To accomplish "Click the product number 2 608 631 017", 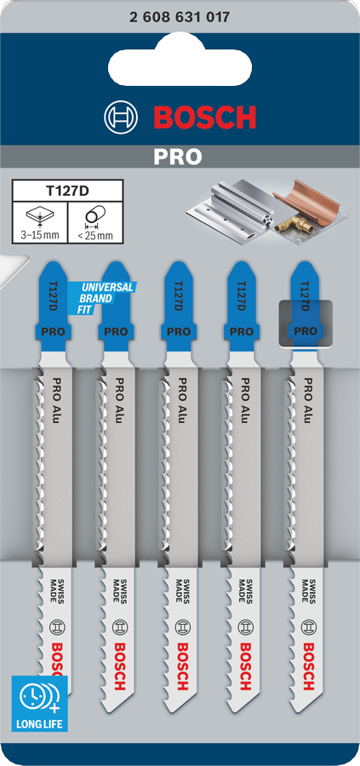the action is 180,18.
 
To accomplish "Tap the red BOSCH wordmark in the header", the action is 205,117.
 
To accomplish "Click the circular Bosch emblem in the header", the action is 122,117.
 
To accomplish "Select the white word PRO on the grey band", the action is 178,157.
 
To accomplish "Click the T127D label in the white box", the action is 67,191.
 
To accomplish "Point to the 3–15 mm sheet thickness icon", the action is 40,222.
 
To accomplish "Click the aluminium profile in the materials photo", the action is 232,209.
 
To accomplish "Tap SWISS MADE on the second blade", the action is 120,591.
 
